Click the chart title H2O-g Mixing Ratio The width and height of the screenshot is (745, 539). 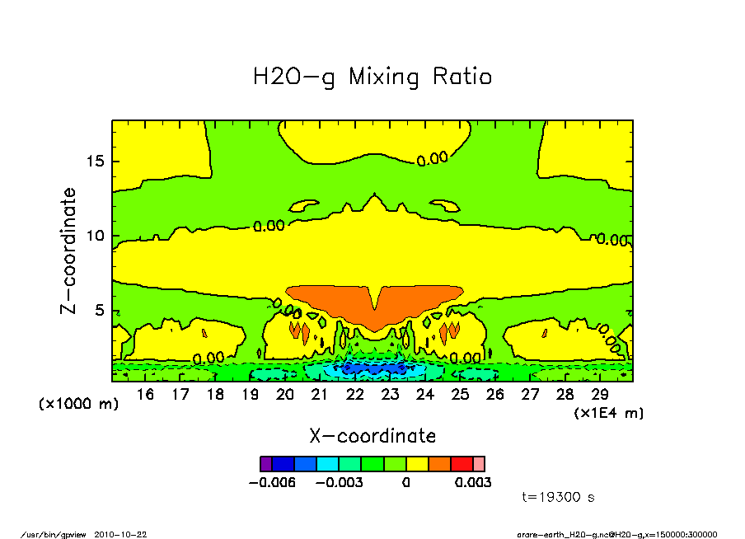pos(372,77)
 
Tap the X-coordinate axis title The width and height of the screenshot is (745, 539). pos(372,435)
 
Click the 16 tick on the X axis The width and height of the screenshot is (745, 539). pos(145,395)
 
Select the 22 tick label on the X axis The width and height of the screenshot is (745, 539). pos(355,395)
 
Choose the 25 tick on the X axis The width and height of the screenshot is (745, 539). pos(460,395)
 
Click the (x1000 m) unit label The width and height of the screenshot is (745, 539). pos(79,404)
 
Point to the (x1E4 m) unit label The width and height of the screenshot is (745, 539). pos(609,412)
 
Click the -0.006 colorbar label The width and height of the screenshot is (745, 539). pos(271,482)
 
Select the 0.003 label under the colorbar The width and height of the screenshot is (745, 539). pos(473,482)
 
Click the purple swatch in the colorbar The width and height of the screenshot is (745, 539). pos(265,464)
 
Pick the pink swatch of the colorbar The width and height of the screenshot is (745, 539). pos(479,464)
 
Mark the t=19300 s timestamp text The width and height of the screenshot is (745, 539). pos(559,497)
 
